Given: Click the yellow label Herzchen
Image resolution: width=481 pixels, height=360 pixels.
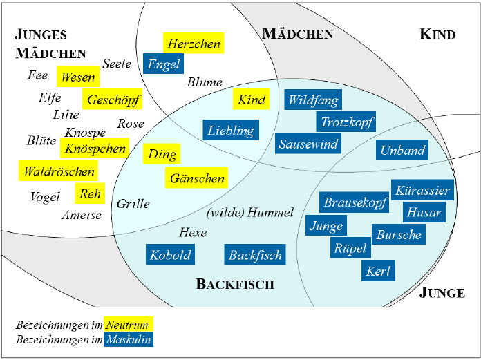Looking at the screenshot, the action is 194,44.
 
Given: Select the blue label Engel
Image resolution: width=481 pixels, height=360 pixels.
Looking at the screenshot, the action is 164,64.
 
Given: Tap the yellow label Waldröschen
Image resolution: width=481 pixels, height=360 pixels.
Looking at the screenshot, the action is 58,171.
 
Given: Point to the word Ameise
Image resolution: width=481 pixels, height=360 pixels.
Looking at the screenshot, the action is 82,215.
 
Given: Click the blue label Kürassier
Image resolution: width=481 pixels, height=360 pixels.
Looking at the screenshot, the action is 422,191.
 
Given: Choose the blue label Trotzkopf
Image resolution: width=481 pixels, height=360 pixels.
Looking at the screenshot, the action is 347,122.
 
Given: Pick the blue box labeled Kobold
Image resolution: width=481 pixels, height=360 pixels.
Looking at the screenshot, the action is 169,255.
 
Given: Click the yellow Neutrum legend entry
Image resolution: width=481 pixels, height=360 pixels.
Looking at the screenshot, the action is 129,324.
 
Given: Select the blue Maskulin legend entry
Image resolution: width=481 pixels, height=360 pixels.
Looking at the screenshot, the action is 129,339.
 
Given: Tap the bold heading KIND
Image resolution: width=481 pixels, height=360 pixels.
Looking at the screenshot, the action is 437,35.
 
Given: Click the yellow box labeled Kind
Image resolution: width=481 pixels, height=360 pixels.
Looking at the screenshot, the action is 251,100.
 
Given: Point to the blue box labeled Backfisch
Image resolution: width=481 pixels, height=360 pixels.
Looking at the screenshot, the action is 255,255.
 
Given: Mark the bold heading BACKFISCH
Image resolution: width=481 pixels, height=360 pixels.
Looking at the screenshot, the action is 235,284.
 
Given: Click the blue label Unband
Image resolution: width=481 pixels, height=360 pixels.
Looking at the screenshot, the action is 403,150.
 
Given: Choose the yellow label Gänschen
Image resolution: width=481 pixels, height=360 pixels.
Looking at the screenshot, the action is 197,178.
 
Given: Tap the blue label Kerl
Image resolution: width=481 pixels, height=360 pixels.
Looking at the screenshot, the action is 379,271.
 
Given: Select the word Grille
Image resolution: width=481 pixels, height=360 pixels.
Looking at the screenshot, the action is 133,204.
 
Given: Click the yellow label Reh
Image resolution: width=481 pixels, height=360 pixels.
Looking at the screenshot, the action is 91,194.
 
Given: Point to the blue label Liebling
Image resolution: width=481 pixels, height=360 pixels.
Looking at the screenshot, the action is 231,130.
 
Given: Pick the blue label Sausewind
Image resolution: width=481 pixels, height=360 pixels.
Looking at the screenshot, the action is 308,144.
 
